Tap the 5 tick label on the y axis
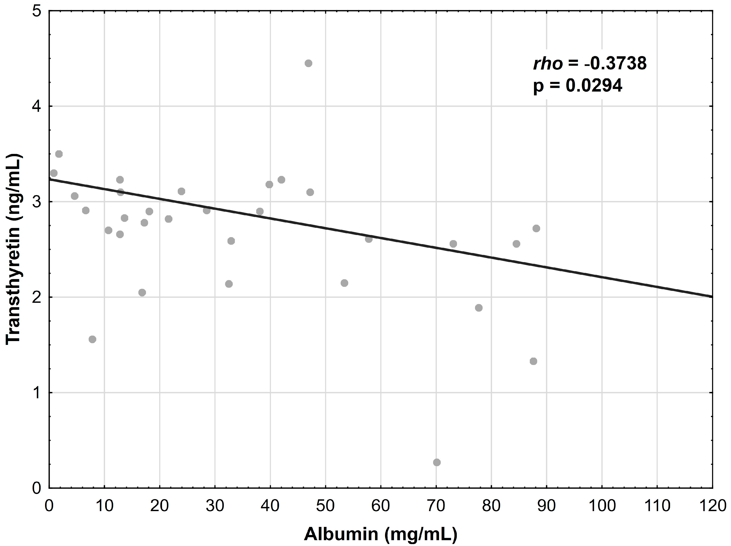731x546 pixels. (36, 12)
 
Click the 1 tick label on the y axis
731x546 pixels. (36, 393)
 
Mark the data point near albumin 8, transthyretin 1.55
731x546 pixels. (92, 339)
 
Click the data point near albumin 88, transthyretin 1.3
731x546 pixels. (533, 361)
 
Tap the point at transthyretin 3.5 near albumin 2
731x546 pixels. (59, 154)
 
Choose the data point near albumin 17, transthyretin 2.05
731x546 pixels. (142, 293)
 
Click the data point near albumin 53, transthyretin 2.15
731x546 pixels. (344, 283)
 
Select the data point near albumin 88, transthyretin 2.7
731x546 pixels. (536, 228)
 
